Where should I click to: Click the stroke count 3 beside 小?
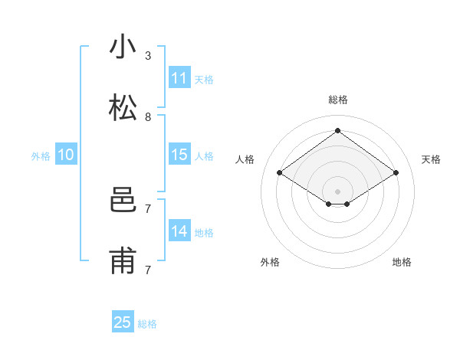[x=148, y=56]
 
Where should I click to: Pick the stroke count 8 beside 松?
[x=148, y=117]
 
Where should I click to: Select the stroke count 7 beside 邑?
[x=148, y=208]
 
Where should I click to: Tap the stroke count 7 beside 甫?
[x=148, y=270]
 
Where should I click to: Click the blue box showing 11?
[x=179, y=78]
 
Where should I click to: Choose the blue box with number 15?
[x=179, y=155]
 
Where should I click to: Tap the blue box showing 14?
[x=179, y=231]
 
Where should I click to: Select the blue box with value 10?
[x=66, y=155]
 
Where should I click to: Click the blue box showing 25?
[x=123, y=322]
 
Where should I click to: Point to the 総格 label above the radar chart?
[x=338, y=100]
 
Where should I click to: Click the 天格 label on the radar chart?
[x=431, y=159]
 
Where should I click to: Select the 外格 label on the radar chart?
[x=270, y=262]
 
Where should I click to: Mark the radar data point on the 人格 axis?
[x=280, y=173]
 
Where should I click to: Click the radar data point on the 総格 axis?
[x=338, y=130]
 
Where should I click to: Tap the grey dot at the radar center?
[x=338, y=190]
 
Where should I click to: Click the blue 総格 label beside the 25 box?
[x=147, y=324]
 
